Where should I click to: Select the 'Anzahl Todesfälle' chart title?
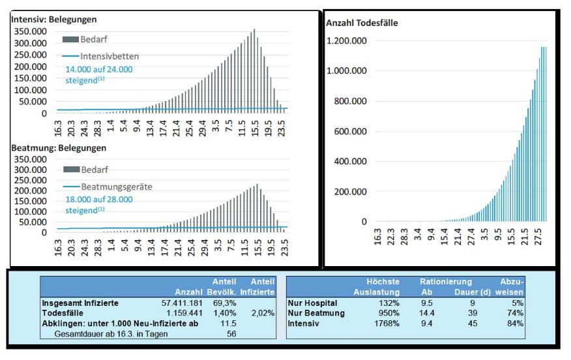tap(362, 23)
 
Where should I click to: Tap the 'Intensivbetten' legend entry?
tap(110, 56)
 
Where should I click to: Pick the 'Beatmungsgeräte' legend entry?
tap(117, 187)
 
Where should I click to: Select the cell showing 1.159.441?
tap(186, 314)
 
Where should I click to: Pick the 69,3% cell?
tap(224, 303)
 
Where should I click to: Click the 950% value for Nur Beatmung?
tap(389, 314)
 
